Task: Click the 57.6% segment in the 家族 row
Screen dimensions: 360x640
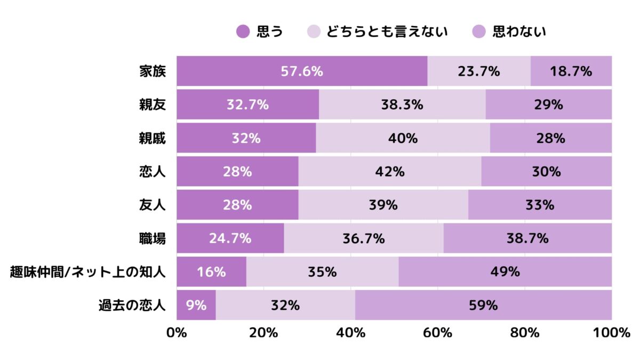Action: [x=302, y=71]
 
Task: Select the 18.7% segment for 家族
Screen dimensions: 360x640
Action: [x=571, y=71]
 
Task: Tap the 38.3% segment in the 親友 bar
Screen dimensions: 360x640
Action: [x=402, y=105]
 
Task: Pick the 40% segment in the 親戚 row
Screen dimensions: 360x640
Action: [x=403, y=138]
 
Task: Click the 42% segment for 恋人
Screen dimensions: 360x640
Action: [x=390, y=172]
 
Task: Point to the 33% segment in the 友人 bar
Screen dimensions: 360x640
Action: [x=540, y=205]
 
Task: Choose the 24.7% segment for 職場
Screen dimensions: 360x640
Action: [x=230, y=238]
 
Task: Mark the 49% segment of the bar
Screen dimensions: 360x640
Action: [x=505, y=272]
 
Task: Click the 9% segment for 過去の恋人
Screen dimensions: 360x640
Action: [x=196, y=306]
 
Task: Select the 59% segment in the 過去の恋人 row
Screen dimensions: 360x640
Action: [x=483, y=306]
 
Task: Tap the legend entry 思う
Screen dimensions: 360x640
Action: [x=259, y=31]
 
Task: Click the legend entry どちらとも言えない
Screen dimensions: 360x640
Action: [x=378, y=31]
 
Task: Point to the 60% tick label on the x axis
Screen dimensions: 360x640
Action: [x=438, y=333]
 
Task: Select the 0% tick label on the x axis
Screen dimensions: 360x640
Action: [x=177, y=333]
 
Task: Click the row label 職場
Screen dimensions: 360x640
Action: [x=152, y=238]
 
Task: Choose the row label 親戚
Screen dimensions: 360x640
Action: [x=152, y=138]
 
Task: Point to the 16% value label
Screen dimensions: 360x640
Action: [x=211, y=272]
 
